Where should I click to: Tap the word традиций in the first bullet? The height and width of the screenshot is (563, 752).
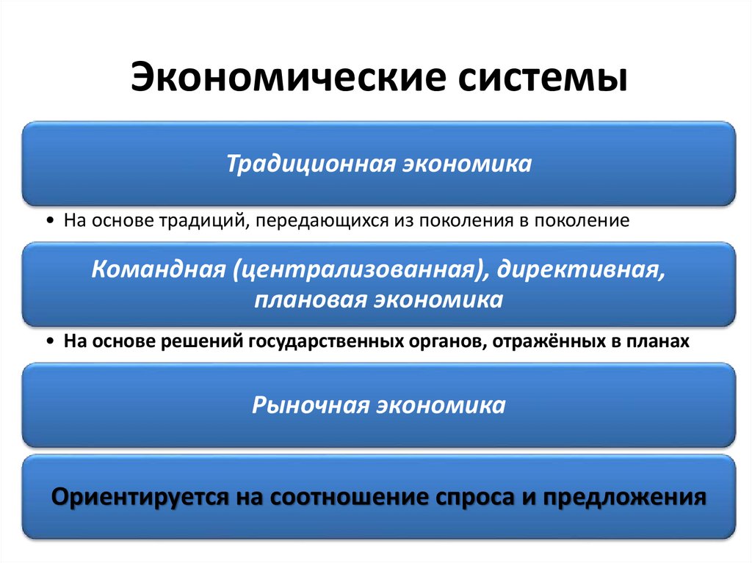pyautogui.click(x=203, y=220)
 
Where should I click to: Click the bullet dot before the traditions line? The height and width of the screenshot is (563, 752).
pyautogui.click(x=48, y=221)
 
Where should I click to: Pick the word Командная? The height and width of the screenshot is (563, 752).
pyautogui.click(x=157, y=269)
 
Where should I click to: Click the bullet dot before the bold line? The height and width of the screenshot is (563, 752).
pyautogui.click(x=48, y=341)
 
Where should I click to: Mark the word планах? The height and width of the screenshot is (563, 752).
pyautogui.click(x=662, y=341)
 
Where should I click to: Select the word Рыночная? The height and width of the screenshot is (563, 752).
pyautogui.click(x=310, y=405)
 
